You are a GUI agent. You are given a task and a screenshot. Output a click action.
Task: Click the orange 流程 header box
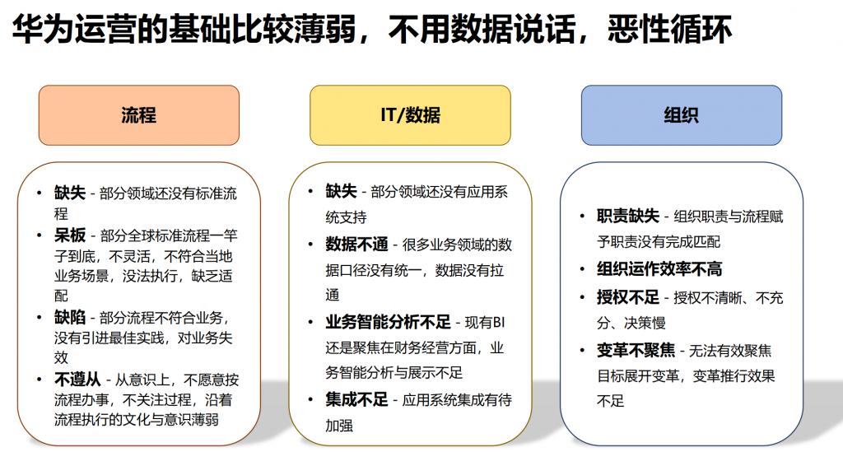pos(138,115)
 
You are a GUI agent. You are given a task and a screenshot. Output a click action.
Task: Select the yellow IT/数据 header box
pos(410,115)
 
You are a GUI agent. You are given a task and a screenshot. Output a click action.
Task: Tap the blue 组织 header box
pos(681,115)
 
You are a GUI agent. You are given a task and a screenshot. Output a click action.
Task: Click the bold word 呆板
pos(70,235)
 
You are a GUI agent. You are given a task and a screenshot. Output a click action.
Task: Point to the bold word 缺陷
pos(70,318)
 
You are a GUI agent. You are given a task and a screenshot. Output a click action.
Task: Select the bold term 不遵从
pos(77,380)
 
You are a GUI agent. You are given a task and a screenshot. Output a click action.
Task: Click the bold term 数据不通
pos(356,245)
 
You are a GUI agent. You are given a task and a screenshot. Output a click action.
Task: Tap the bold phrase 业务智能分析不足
pos(388,323)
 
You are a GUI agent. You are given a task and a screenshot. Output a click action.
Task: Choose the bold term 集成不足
pos(356,400)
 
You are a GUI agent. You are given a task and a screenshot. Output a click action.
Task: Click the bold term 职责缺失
pos(628,216)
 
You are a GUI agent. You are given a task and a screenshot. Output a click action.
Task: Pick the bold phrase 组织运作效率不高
pos(659,268)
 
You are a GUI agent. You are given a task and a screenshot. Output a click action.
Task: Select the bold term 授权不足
pos(628,297)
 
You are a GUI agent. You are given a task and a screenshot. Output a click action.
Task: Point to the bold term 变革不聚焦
pos(636,351)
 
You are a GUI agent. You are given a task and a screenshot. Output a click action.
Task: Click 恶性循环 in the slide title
pos(670,29)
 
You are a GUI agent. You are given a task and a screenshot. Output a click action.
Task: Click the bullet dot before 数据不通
pos(310,245)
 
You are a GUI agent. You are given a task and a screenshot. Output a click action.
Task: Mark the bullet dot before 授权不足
pos(582,297)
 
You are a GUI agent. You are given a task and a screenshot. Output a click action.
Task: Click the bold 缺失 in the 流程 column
pos(70,193)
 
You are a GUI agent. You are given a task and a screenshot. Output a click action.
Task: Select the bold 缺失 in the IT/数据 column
pos(341,191)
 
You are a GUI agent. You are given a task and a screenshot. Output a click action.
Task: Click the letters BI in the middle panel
pos(498,323)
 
